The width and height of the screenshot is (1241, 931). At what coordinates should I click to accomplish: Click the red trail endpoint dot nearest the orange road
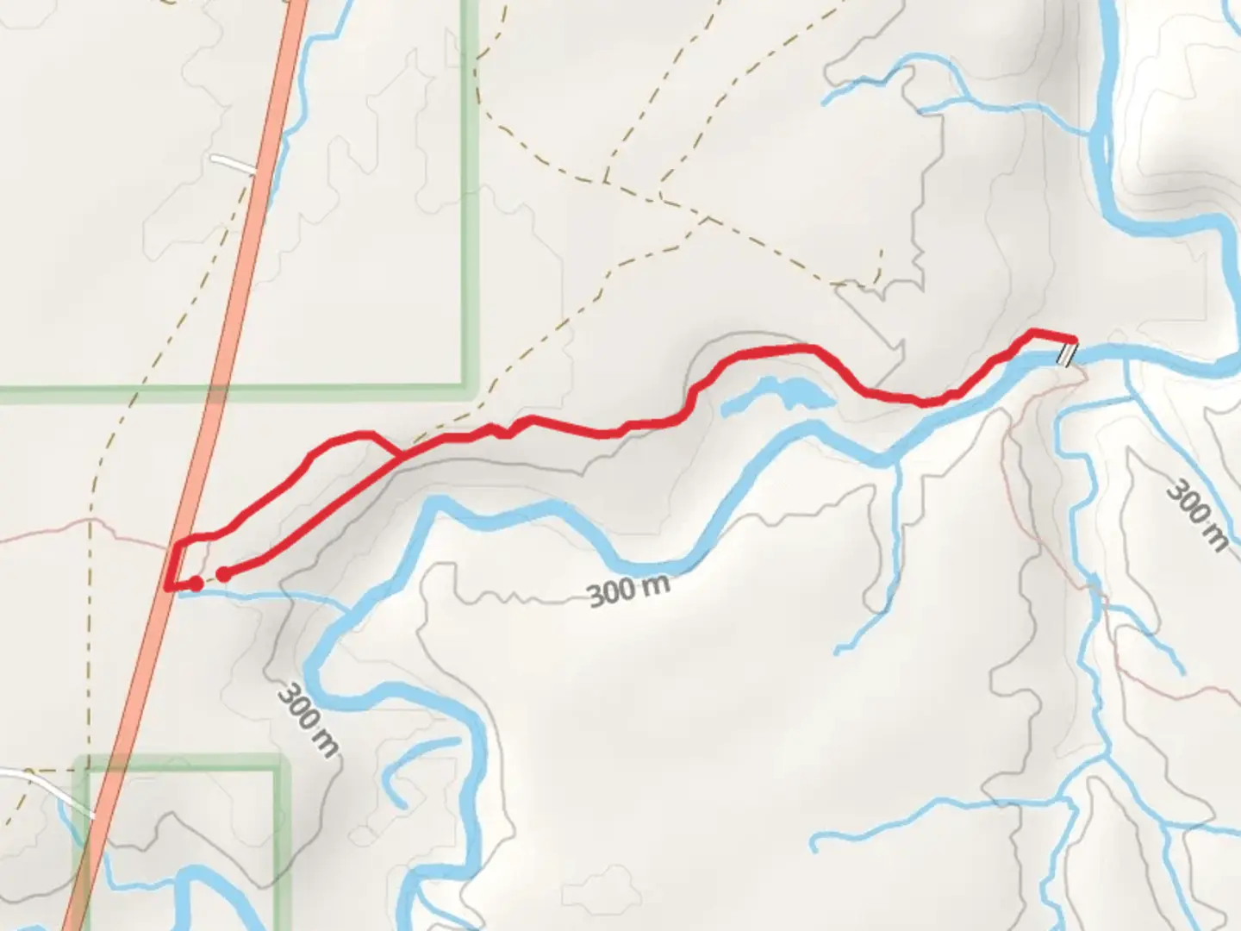pyautogui.click(x=196, y=584)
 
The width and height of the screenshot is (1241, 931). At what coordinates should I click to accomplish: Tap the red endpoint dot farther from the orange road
pyautogui.click(x=223, y=574)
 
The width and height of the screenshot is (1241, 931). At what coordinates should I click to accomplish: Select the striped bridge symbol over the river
pyautogui.click(x=1067, y=353)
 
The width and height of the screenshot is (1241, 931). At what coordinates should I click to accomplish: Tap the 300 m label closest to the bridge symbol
pyautogui.click(x=1196, y=515)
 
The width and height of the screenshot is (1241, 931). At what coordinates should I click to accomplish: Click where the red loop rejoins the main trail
pyautogui.click(x=399, y=453)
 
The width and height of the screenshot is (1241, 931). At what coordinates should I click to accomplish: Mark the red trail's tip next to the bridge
pyautogui.click(x=1073, y=339)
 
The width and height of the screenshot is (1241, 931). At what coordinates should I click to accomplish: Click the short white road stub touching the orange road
pyautogui.click(x=234, y=163)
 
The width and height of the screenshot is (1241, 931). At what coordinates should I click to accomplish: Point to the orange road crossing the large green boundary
pyautogui.click(x=215, y=395)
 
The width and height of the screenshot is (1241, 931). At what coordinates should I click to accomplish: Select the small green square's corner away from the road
pyautogui.click(x=281, y=763)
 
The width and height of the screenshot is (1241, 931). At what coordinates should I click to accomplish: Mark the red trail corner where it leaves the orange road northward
pyautogui.click(x=178, y=543)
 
